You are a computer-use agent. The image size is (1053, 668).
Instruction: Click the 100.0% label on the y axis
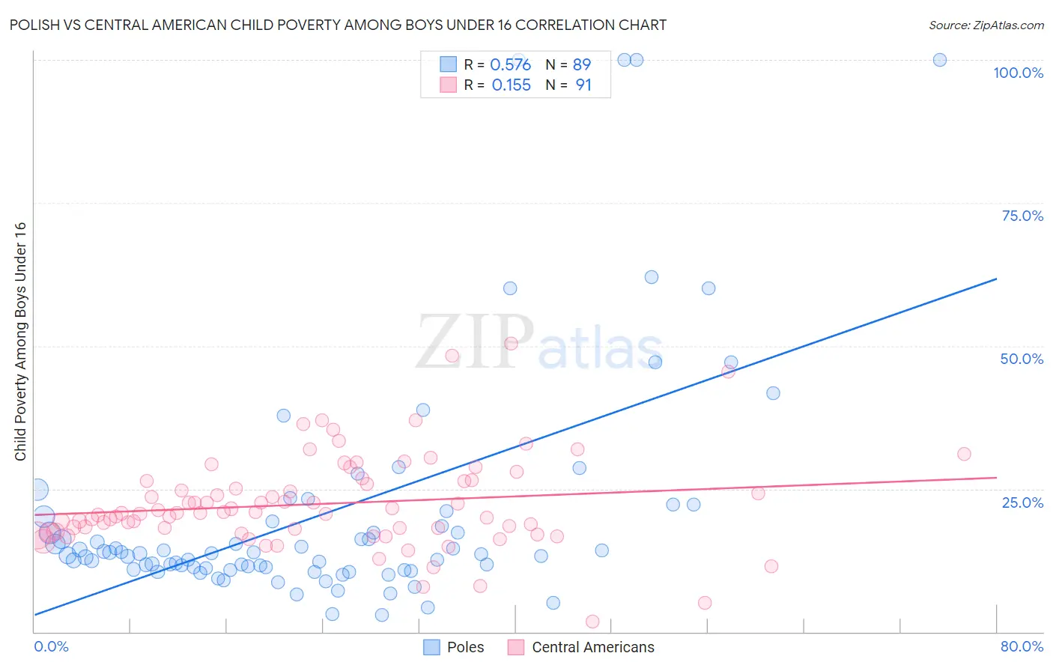click(1018, 73)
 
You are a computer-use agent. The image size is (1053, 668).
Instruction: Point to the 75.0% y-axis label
click(1022, 216)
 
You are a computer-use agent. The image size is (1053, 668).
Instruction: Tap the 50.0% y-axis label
click(1022, 359)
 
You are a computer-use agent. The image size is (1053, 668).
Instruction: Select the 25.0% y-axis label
click(1022, 502)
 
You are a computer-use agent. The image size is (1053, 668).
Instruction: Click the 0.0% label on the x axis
click(51, 646)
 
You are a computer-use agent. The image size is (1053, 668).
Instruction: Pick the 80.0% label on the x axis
click(1022, 646)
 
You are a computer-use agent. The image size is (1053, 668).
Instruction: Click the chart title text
click(338, 25)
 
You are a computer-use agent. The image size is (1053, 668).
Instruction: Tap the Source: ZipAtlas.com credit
click(986, 25)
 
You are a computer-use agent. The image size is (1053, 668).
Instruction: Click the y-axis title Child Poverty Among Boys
click(20, 341)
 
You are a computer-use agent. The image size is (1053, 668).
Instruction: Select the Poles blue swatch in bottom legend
click(431, 647)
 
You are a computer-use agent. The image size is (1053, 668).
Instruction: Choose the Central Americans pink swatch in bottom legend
click(515, 647)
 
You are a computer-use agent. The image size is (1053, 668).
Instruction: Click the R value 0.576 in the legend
click(510, 64)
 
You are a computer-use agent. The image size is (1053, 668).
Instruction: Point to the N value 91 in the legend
click(583, 85)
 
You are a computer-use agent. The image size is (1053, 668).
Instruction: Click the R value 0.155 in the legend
click(511, 85)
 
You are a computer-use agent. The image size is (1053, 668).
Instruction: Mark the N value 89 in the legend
click(582, 64)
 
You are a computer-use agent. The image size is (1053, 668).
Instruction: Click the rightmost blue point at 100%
click(939, 60)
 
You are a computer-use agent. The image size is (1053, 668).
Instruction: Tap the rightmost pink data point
click(964, 454)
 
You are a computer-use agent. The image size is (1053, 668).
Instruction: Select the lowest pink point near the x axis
click(592, 622)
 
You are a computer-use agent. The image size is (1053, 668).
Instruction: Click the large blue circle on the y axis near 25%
click(37, 490)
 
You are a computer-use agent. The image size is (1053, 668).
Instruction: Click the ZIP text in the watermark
click(475, 342)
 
